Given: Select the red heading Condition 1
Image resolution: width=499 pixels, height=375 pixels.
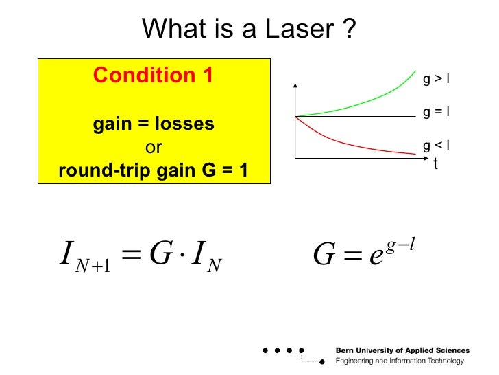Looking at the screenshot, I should [x=154, y=75].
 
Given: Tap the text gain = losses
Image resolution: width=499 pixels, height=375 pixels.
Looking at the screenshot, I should [x=154, y=124].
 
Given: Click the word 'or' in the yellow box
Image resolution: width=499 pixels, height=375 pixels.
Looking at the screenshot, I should [x=154, y=147].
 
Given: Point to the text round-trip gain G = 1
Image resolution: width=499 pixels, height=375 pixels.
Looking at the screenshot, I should [x=154, y=170].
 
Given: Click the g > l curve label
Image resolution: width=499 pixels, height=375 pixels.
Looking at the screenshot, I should [x=435, y=79].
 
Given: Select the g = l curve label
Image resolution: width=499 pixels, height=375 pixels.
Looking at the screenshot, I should [x=435, y=111].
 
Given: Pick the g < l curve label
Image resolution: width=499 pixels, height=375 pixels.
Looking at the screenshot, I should [x=435, y=145].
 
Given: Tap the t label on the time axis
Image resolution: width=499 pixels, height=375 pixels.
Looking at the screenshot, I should [x=435, y=164].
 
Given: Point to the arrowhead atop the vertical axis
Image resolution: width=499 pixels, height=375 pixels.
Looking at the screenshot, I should [x=295, y=85].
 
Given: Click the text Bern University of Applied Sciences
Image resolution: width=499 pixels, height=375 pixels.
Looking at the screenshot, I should [x=402, y=351].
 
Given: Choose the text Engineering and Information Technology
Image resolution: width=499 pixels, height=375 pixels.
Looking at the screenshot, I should [x=399, y=361].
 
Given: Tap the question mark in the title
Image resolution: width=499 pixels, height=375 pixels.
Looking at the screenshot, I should [x=350, y=29].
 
